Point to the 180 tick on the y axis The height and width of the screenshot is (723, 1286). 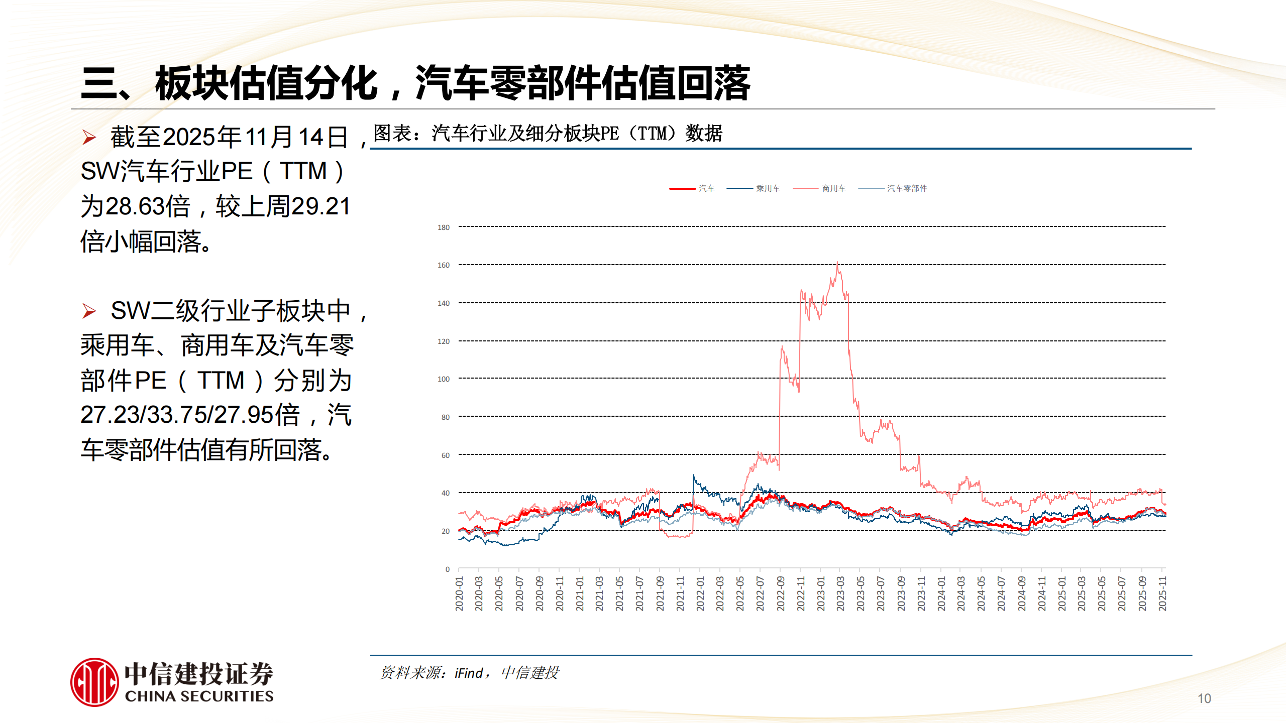(444, 227)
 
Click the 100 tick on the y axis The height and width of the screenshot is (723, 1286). (444, 379)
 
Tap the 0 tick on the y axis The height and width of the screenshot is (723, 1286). (447, 569)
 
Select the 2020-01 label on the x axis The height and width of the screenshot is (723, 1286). (459, 593)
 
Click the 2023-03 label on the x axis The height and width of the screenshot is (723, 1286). (840, 593)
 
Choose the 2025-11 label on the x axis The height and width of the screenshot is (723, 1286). (1162, 593)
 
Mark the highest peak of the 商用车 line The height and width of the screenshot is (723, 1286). (837, 263)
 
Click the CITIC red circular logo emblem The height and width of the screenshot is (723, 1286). (94, 682)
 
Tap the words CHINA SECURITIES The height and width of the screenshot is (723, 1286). (199, 696)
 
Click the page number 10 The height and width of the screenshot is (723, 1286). (1204, 698)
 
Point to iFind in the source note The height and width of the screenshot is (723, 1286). (469, 673)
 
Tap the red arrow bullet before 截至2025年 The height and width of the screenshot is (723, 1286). (89, 137)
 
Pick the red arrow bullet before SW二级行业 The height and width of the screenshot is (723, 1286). (89, 311)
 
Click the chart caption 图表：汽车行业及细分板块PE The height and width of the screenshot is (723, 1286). (548, 134)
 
